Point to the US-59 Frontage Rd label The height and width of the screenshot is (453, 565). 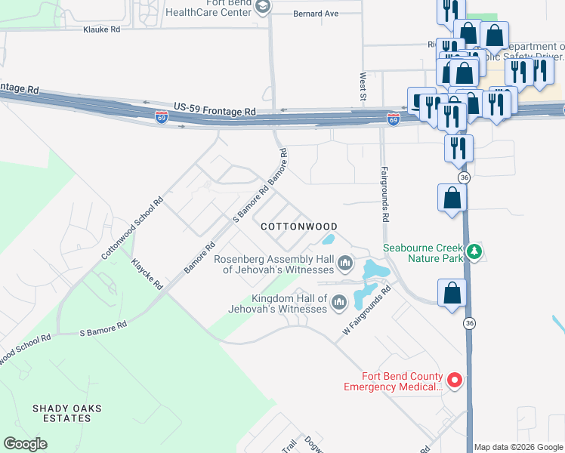[x=215, y=110]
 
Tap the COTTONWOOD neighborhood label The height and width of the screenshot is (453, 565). [x=298, y=226]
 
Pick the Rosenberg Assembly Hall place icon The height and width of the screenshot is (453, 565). [x=345, y=263]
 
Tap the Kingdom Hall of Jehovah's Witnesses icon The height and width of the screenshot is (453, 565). [x=338, y=304]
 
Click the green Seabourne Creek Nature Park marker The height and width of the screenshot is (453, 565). [x=474, y=251]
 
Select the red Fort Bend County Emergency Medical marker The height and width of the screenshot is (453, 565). [x=455, y=381]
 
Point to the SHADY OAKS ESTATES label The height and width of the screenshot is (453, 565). [x=67, y=413]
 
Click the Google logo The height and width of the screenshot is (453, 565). [x=25, y=444]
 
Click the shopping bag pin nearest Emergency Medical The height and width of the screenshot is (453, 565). [x=452, y=293]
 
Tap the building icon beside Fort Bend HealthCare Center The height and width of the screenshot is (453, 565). [x=263, y=7]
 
